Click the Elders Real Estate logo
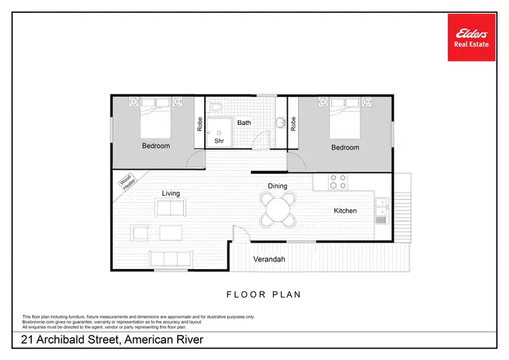click(472, 37)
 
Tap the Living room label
click(170, 194)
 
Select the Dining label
click(278, 186)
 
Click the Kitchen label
click(345, 211)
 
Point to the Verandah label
click(269, 259)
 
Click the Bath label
click(244, 123)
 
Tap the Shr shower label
click(219, 141)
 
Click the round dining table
click(278, 209)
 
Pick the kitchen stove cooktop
click(338, 181)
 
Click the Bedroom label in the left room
click(156, 146)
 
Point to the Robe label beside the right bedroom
click(293, 123)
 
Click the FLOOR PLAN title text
click(264, 295)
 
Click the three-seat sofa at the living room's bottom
click(170, 259)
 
